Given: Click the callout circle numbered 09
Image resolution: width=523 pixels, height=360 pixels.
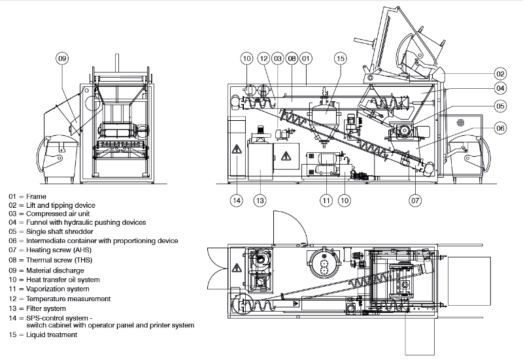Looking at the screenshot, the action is (62, 59).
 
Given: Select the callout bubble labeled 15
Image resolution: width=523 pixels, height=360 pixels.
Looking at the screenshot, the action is (340, 58).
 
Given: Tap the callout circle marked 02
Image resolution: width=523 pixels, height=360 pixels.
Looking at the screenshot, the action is (500, 74).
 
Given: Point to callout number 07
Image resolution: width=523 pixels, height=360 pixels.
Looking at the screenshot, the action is (415, 201).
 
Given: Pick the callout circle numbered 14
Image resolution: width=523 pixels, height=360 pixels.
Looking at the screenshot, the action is (237, 201).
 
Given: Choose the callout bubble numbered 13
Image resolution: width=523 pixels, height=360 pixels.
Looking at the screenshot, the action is (260, 201).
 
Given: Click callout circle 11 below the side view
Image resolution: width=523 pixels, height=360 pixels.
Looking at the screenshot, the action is (326, 201).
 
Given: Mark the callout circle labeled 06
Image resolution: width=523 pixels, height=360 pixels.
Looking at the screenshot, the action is (500, 128).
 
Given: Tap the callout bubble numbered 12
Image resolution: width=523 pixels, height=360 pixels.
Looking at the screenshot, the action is (263, 58).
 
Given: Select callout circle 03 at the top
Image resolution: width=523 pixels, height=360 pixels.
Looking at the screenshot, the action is (277, 58).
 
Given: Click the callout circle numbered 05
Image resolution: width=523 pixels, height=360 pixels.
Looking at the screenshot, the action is (500, 106).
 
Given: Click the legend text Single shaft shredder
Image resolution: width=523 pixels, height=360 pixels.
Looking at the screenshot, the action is (59, 232).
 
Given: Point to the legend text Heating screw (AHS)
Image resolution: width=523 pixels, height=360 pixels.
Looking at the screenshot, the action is (59, 250).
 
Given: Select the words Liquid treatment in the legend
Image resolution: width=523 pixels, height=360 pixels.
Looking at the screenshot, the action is (52, 335).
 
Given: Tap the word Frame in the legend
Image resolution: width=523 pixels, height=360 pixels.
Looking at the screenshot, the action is (36, 197).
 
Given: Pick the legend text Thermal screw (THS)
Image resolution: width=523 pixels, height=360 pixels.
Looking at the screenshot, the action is (59, 260).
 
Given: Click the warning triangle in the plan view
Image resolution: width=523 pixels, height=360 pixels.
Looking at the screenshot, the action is (237, 267).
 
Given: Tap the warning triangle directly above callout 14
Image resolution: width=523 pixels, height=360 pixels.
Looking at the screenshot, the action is (237, 149).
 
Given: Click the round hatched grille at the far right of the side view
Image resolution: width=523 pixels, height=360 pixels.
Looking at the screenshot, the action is (461, 122).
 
